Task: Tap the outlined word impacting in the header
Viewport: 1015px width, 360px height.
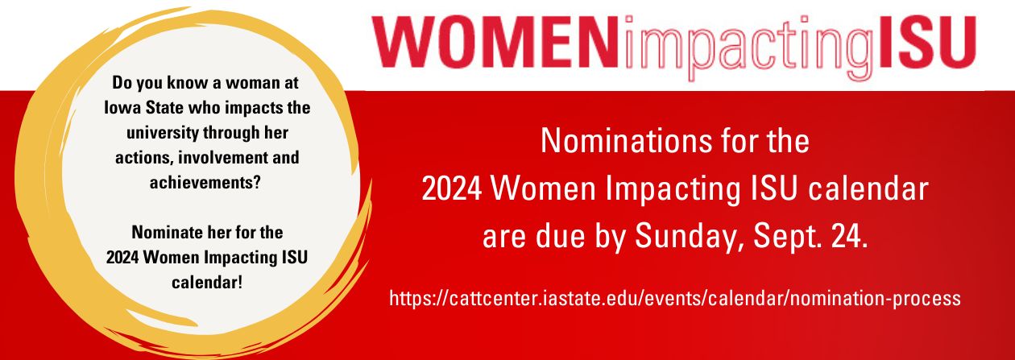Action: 748,48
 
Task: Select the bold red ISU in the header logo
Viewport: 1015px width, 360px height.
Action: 926,42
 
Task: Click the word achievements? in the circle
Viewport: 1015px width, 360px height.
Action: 205,183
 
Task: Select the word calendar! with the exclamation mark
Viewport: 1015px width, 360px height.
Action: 207,283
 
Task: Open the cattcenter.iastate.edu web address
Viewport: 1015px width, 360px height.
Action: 675,299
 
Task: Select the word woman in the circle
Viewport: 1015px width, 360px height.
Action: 251,83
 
